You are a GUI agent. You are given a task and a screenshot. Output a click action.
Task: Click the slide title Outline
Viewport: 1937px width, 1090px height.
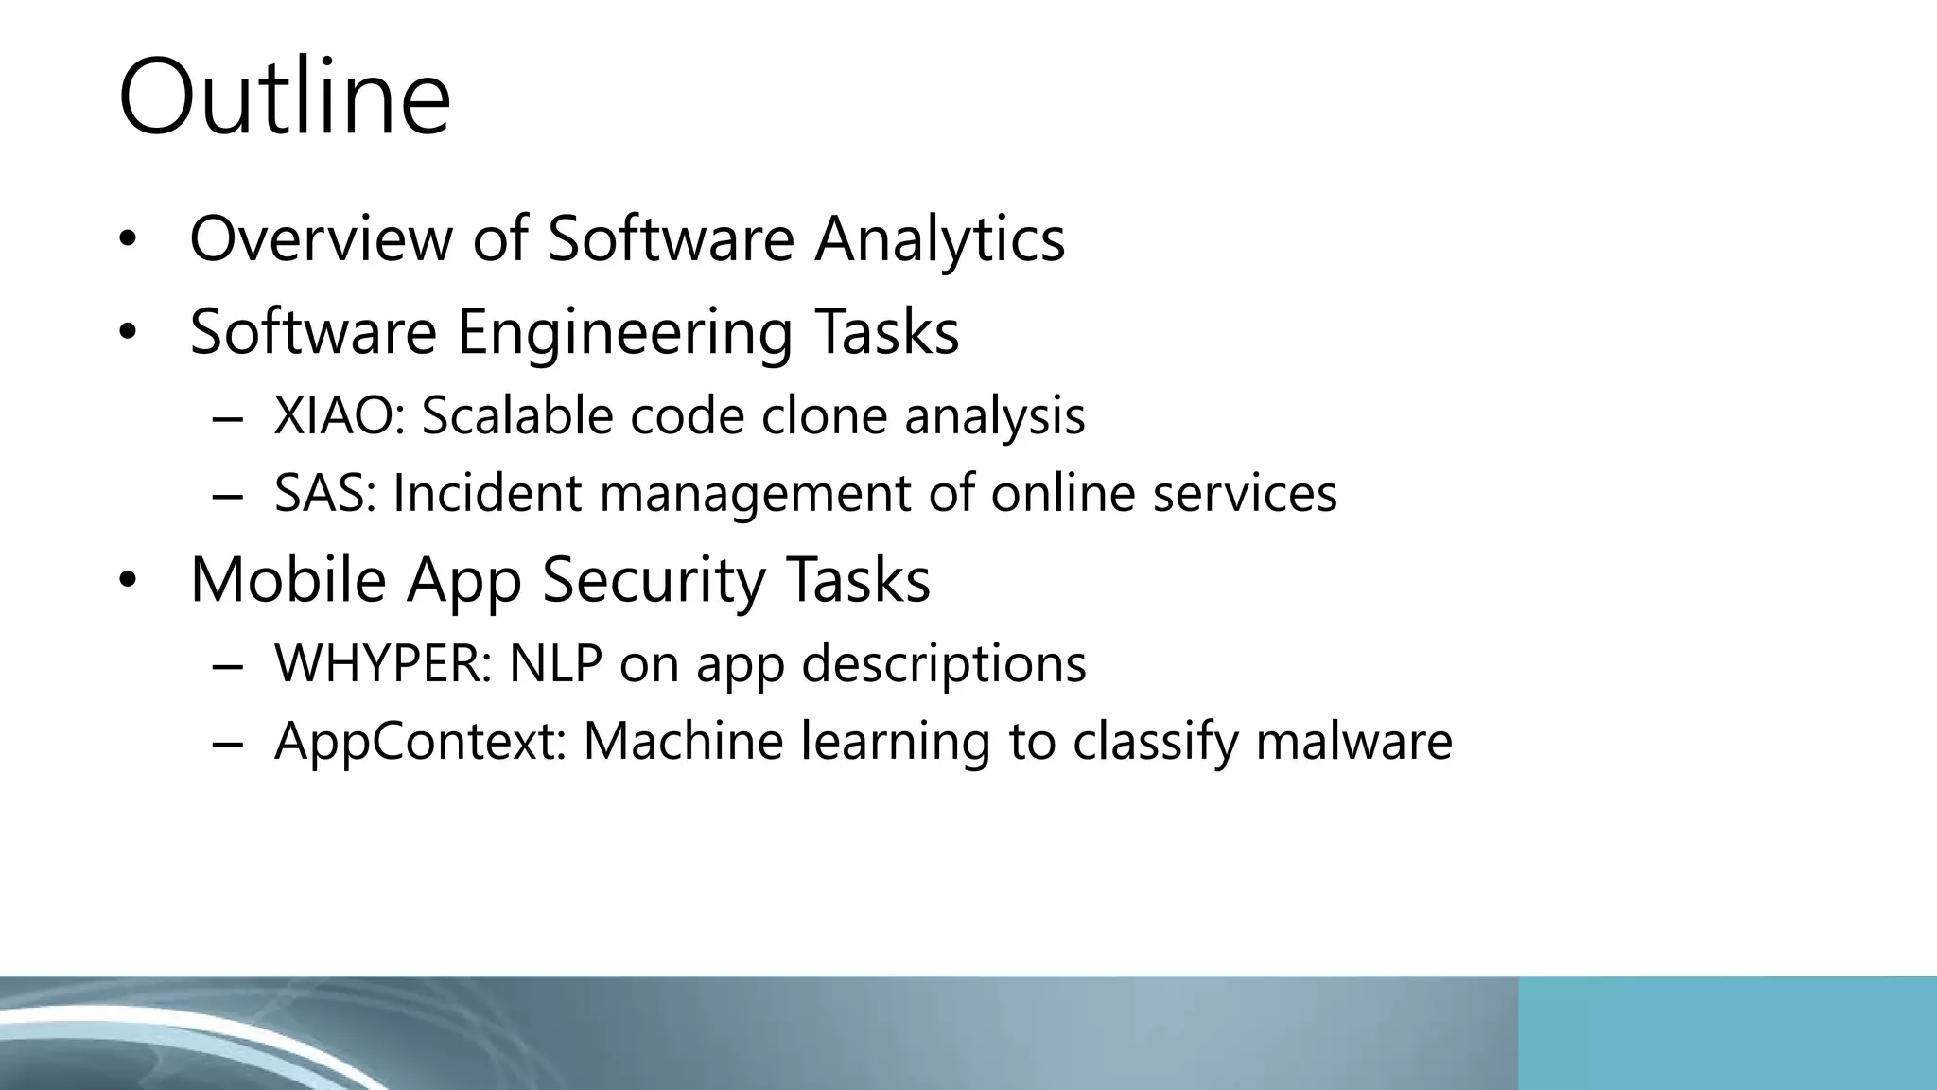tap(284, 97)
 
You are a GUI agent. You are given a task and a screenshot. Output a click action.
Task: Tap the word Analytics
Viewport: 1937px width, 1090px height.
tap(940, 238)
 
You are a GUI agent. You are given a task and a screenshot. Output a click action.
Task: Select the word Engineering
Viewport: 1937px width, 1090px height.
tap(624, 333)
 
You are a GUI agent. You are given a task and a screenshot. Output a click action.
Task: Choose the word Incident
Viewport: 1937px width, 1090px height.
tap(486, 493)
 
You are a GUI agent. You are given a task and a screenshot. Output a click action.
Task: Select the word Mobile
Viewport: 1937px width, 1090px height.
tap(288, 579)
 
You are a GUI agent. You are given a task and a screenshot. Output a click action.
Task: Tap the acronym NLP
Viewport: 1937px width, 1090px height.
tap(555, 663)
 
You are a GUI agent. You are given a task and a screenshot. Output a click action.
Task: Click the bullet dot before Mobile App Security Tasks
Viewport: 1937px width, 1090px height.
tap(129, 579)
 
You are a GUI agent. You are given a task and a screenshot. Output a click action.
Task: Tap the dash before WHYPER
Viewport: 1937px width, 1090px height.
tap(228, 665)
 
